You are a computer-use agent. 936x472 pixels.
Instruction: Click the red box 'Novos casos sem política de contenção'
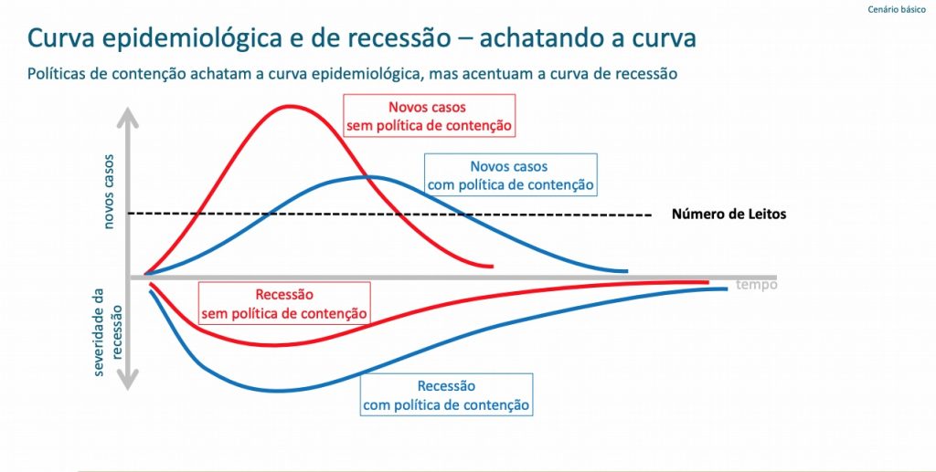click(x=430, y=116)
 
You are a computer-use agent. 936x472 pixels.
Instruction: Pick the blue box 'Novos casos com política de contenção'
click(x=510, y=174)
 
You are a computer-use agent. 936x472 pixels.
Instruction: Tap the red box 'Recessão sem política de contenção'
click(x=284, y=303)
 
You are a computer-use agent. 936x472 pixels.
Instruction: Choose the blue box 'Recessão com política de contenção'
click(x=446, y=393)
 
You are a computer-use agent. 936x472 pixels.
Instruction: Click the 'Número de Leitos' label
click(x=729, y=214)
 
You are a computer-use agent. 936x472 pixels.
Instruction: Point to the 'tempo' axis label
click(x=757, y=285)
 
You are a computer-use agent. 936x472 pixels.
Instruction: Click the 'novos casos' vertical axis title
click(x=109, y=192)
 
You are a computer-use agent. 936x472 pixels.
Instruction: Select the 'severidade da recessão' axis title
click(x=108, y=332)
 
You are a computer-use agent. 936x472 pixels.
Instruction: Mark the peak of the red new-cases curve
click(x=290, y=106)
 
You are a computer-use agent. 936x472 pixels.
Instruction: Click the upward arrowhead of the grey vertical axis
click(x=127, y=118)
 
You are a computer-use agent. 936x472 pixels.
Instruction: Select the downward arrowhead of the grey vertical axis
click(x=127, y=379)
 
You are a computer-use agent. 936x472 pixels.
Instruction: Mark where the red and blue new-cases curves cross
click(x=371, y=177)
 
